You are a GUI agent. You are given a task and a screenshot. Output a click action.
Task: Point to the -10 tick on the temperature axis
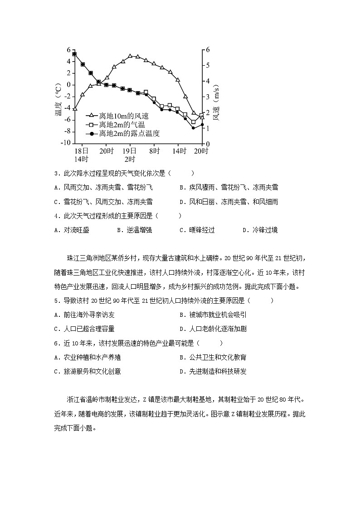click(x=65, y=143)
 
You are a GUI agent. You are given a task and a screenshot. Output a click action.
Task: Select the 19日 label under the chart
click(x=130, y=150)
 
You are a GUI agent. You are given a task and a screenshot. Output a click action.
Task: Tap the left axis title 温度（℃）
click(x=58, y=102)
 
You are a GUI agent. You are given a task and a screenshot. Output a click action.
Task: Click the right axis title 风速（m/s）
click(x=217, y=102)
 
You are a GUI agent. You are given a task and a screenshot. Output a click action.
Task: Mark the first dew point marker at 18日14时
click(x=74, y=54)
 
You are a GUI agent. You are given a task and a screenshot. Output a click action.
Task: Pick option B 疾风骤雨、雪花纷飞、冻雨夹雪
click(x=229, y=187)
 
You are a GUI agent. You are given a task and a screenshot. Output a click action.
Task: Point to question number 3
click(x=55, y=173)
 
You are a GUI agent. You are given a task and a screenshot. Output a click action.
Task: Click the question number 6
click(x=55, y=344)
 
